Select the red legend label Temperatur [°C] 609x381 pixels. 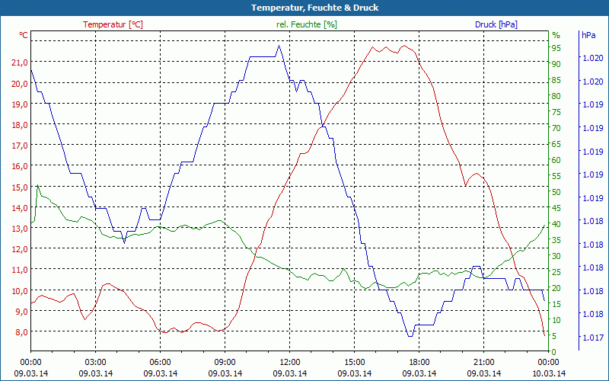pos(113,24)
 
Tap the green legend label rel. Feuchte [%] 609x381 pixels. pos(307,24)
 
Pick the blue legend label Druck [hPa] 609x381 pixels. pos(496,24)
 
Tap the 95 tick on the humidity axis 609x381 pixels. pos(556,48)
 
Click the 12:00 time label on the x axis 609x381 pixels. pos(290,362)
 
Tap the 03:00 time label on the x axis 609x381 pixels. pos(95,362)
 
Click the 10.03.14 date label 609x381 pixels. pos(549,373)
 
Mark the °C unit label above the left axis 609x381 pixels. pos(24,35)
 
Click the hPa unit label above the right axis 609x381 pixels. pos(588,35)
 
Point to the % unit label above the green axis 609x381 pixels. pos(556,35)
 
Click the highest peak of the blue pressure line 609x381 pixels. pos(279,46)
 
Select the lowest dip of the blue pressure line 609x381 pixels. pos(410,335)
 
